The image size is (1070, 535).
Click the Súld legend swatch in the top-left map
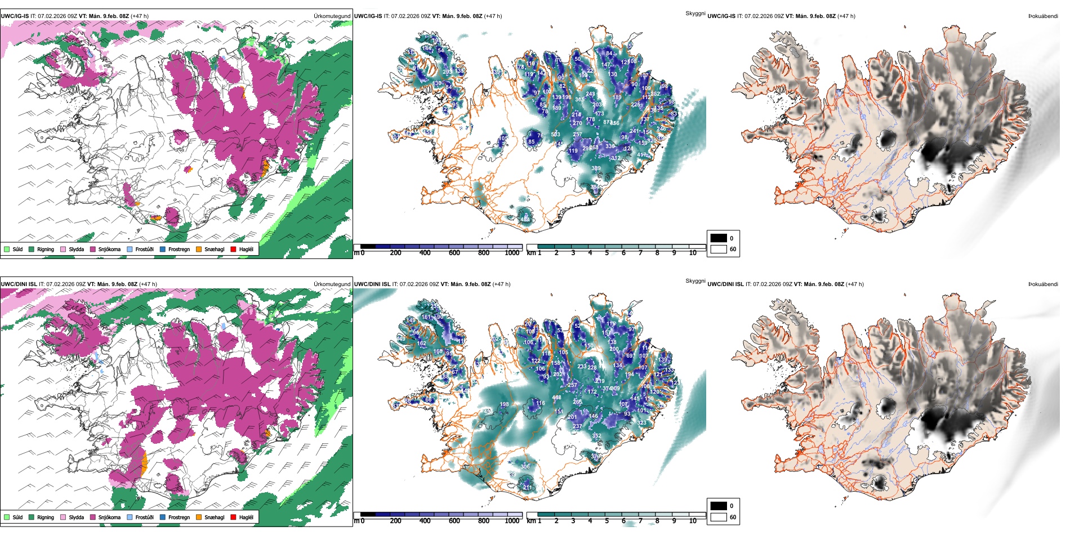7,249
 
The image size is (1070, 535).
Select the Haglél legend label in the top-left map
246,249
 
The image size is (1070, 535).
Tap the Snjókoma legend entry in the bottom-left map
109,517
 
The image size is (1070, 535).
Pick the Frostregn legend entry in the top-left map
179,249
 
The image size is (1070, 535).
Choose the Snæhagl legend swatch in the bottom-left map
199,517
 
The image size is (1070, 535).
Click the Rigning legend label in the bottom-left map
46,517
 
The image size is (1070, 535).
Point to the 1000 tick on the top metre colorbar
512,253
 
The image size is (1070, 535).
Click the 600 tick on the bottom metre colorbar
454,521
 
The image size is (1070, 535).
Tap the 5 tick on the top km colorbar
607,253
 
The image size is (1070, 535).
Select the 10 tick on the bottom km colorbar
693,521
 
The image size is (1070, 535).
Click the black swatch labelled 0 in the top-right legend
719,238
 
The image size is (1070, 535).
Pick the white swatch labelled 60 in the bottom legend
719,517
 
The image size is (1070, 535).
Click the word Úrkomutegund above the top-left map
332,16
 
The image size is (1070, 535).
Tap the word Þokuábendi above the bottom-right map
1043,284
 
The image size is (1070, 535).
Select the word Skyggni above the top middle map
695,13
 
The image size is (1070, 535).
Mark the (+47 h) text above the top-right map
846,16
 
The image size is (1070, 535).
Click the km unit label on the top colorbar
531,253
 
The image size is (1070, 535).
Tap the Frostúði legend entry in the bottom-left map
144,517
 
